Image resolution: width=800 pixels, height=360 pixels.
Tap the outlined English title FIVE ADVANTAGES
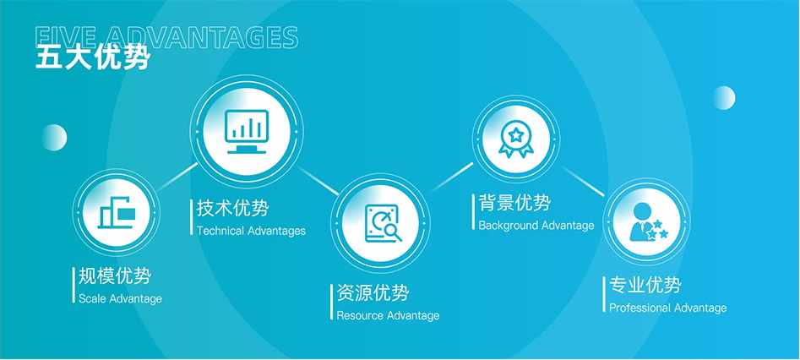[x=166, y=38]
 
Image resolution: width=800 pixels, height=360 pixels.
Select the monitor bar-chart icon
[x=247, y=132]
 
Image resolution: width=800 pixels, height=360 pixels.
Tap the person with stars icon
[x=648, y=222]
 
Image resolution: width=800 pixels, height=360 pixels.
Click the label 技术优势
[x=232, y=209]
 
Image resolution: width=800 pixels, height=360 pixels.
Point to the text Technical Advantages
[x=251, y=231]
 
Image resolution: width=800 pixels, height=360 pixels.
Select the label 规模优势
[x=115, y=276]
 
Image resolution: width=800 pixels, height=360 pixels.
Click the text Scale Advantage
[x=120, y=298]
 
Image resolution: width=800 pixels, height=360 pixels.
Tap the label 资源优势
[x=373, y=293]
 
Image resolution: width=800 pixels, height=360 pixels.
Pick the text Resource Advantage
[x=388, y=315]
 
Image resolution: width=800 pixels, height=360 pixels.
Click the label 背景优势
[x=514, y=203]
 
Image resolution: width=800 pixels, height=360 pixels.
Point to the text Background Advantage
[x=536, y=225]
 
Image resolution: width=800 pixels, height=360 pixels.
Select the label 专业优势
[x=645, y=286]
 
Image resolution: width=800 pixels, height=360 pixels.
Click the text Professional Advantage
[x=668, y=308]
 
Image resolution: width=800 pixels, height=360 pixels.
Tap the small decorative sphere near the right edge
[x=723, y=97]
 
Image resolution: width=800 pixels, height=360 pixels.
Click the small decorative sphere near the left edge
[x=54, y=138]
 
